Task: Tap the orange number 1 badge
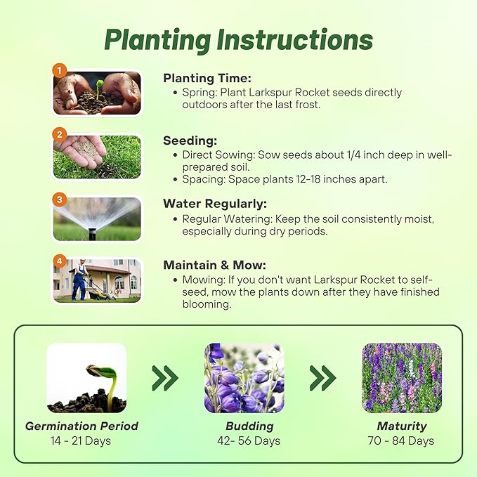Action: pos(60,71)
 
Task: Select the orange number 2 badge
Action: pos(60,133)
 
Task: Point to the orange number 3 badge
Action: pos(60,199)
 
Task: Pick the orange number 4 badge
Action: pos(60,261)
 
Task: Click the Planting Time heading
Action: pos(207,79)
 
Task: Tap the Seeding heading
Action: pos(190,141)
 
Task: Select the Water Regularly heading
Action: pos(215,204)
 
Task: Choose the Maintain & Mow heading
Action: pos(214,266)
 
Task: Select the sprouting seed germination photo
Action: pos(86,377)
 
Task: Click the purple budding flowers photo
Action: pos(244,377)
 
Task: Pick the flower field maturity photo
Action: pos(401,377)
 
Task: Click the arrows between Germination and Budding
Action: pos(165,378)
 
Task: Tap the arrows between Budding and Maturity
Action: pos(322,378)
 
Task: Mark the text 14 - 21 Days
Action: pos(81,441)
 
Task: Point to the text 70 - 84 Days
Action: pos(401,441)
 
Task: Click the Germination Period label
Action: pos(81,426)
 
